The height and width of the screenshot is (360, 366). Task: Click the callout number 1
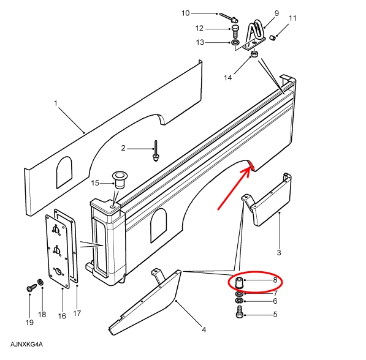[56, 103]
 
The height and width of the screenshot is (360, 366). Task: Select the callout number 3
[279, 252]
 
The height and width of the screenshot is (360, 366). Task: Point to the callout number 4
[204, 330]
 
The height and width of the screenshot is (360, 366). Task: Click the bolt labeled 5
[240, 312]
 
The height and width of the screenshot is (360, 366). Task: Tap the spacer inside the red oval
[239, 283]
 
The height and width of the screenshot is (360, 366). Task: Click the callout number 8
[275, 280]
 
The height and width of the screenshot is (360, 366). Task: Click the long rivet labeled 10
[229, 17]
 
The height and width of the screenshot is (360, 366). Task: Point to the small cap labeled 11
[272, 37]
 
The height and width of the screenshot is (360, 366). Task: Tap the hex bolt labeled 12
[235, 32]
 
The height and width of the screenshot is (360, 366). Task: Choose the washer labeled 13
[235, 43]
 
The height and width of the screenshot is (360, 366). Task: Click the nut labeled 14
[254, 54]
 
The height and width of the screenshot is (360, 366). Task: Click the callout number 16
[62, 316]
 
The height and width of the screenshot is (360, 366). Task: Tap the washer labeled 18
[40, 282]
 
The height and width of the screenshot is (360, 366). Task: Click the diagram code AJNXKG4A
[26, 344]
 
